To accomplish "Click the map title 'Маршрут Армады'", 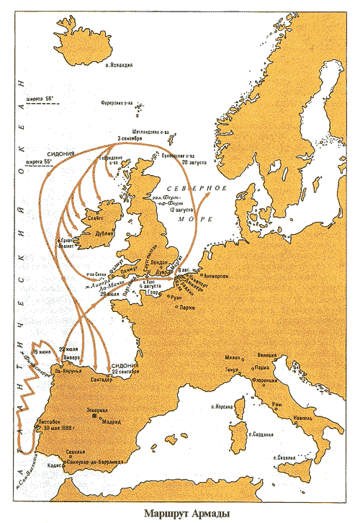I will click(x=186, y=514).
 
